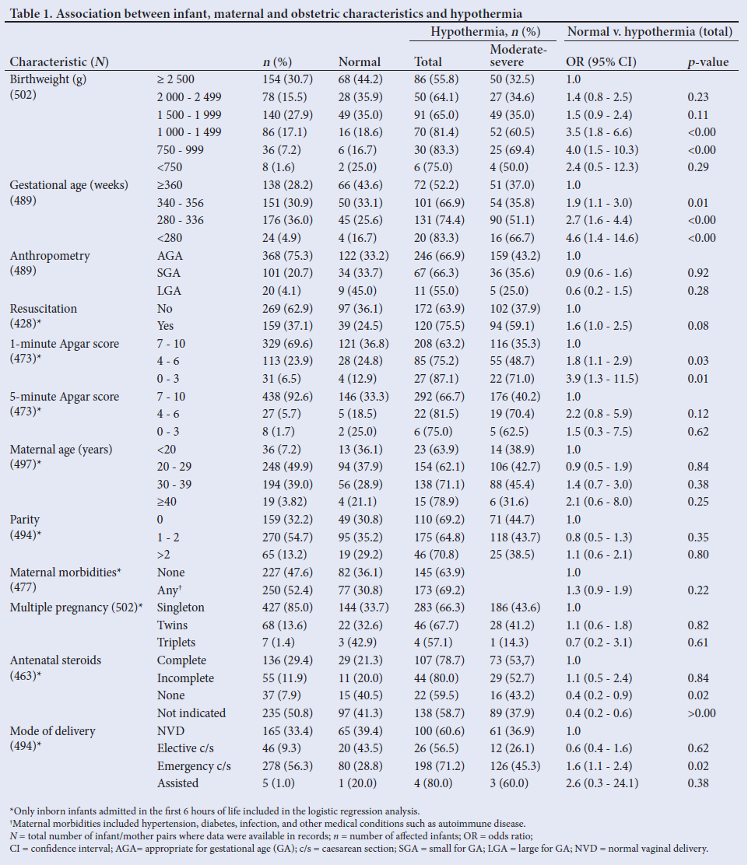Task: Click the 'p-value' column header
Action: [708, 62]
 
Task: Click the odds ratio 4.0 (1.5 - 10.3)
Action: [603, 149]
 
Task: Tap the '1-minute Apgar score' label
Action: [64, 344]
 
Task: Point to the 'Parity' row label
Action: [25, 520]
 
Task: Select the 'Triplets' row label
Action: [177, 643]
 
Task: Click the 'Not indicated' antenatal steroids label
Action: [191, 713]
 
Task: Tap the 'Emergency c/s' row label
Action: [194, 766]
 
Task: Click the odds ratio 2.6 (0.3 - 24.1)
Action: [603, 783]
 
